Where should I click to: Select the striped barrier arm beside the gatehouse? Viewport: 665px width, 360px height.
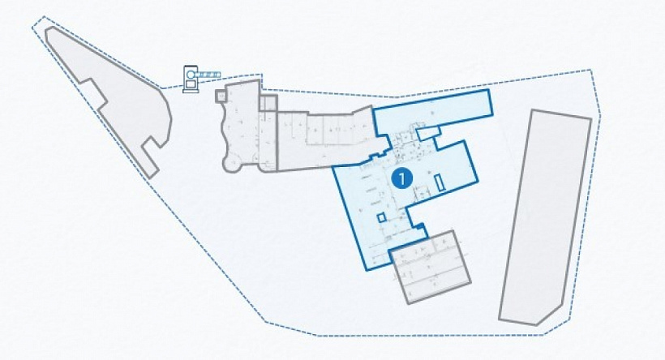(210, 75)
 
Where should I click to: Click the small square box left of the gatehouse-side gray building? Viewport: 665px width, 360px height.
(221, 96)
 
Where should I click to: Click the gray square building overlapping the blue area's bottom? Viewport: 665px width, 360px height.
(430, 267)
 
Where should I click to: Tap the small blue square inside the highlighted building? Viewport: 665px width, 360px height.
(381, 217)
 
